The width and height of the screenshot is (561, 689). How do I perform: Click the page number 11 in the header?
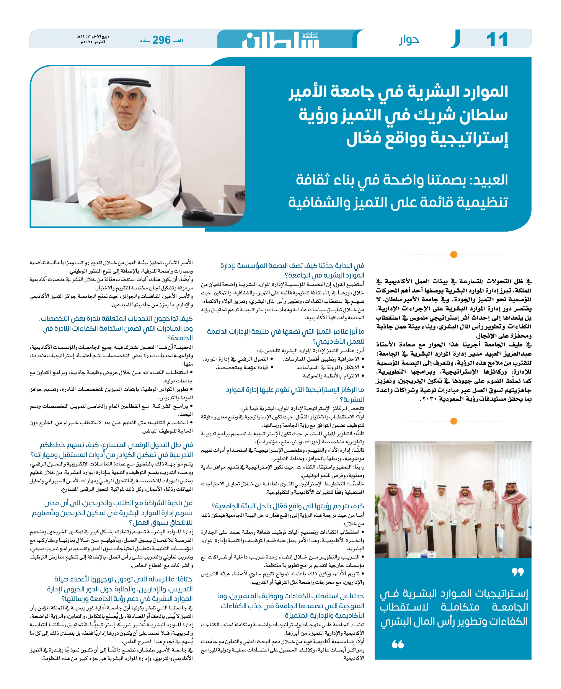click(x=497, y=40)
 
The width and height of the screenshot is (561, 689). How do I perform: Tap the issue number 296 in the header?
click(x=161, y=40)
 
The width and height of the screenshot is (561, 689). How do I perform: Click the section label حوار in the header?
click(x=409, y=39)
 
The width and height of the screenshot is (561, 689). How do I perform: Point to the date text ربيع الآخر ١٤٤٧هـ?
click(x=93, y=37)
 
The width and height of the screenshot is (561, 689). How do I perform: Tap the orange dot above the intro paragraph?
click(x=453, y=254)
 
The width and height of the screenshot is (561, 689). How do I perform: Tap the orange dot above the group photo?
click(x=453, y=421)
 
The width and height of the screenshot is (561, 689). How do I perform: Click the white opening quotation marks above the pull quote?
click(x=517, y=572)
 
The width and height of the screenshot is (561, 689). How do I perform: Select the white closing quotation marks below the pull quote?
click(x=398, y=644)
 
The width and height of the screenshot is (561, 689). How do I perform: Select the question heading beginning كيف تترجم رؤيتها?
click(x=287, y=506)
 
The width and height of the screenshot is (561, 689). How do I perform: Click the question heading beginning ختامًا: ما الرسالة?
click(x=122, y=589)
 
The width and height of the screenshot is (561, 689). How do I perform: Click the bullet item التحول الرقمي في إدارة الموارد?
click(x=238, y=359)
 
